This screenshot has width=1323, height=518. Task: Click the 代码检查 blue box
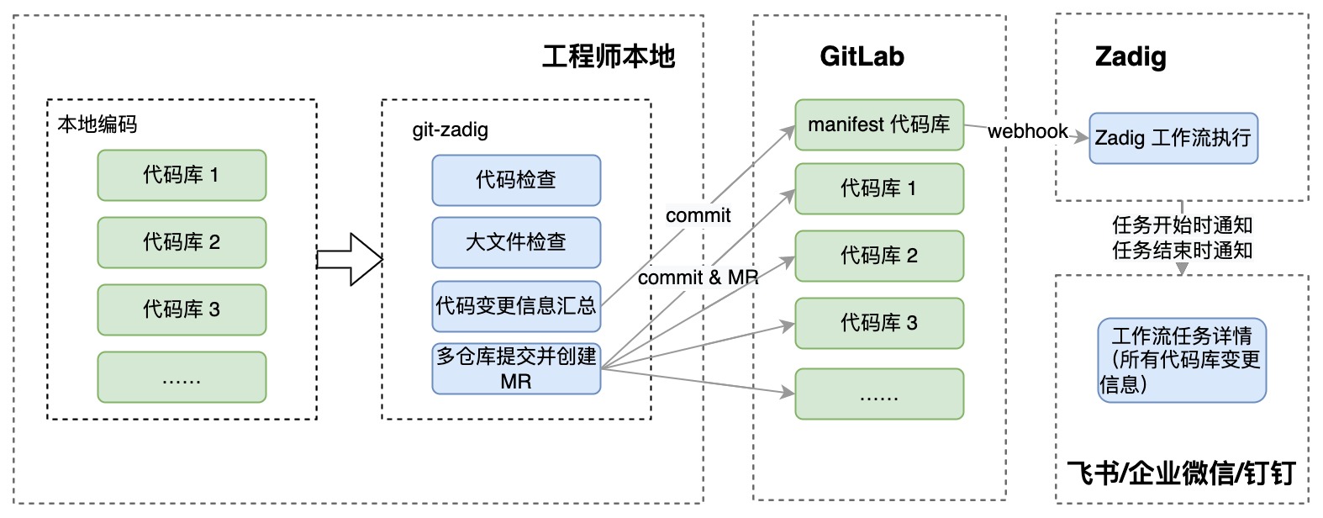click(516, 180)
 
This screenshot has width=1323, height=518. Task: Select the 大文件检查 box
click(516, 242)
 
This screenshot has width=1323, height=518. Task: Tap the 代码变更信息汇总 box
click(516, 306)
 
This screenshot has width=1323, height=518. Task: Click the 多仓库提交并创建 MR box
click(516, 368)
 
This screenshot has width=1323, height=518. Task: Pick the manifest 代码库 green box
click(878, 125)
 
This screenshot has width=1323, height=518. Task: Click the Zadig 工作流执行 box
click(1173, 138)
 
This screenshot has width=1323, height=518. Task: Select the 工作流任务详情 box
click(1181, 360)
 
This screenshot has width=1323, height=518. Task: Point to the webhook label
click(1027, 132)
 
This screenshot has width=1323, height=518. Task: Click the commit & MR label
click(698, 277)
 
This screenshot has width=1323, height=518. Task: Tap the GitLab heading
click(862, 56)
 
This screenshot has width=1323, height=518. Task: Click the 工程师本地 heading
click(609, 56)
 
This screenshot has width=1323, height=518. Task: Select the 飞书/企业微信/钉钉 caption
click(1181, 473)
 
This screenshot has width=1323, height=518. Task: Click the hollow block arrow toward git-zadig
click(350, 259)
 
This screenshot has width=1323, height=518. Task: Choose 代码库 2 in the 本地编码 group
click(182, 242)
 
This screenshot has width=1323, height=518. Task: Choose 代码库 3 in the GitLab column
click(878, 323)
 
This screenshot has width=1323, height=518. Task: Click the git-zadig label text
click(450, 129)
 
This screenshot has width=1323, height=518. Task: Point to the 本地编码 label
click(97, 124)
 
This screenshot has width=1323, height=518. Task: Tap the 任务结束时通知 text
click(1182, 251)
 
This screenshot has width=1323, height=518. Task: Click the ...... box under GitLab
click(878, 394)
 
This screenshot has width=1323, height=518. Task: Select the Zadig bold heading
click(1131, 56)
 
